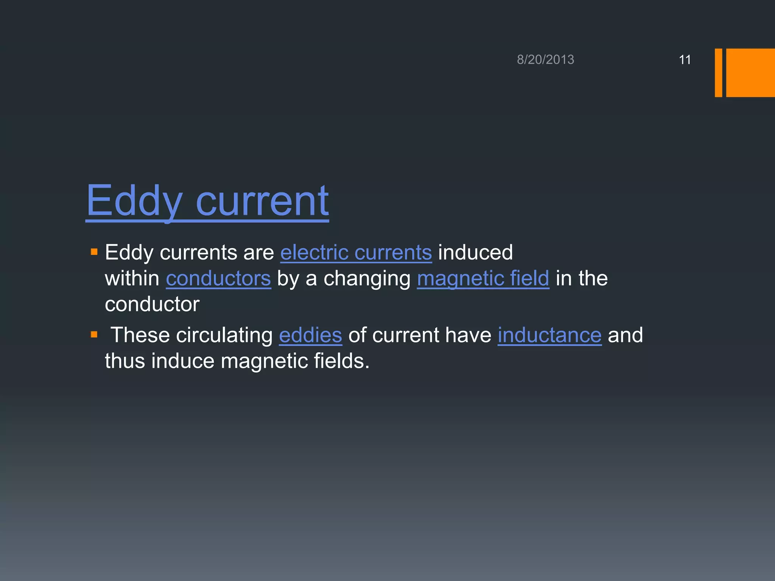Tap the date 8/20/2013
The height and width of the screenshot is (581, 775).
(545, 60)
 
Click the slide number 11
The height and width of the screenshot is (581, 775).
(685, 60)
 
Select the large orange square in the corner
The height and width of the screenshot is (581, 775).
(750, 73)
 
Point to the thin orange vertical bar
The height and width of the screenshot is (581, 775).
(718, 73)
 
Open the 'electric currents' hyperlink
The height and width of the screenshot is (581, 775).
(356, 252)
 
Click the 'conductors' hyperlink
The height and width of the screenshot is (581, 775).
(218, 278)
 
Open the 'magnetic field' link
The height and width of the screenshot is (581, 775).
(483, 278)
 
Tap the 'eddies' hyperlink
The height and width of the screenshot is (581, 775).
(310, 335)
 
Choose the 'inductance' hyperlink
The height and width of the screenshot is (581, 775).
(549, 335)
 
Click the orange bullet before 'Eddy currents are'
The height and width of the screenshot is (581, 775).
(94, 252)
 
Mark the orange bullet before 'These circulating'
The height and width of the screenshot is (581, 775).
(94, 334)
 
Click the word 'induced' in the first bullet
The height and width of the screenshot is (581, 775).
(475, 252)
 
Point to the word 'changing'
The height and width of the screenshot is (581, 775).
(367, 279)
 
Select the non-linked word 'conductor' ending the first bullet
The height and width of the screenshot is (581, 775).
(152, 304)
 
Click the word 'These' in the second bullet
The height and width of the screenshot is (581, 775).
(140, 335)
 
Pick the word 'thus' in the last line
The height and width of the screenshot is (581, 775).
(125, 361)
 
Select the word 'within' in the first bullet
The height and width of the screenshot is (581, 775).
(132, 278)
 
